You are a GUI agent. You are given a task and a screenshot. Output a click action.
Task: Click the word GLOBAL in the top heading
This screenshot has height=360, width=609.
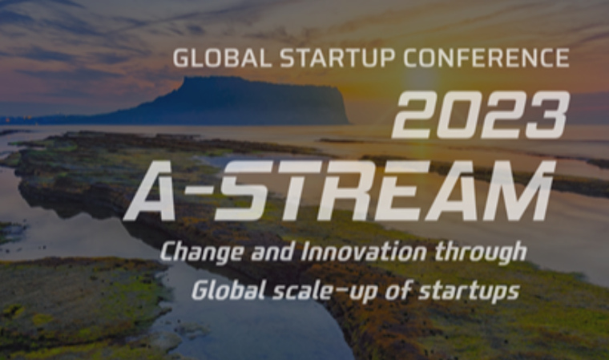click(x=222, y=59)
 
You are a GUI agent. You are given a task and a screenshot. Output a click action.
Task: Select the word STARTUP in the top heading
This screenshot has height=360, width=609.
click(x=337, y=59)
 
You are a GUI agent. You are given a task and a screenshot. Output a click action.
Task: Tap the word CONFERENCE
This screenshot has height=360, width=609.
click(x=486, y=58)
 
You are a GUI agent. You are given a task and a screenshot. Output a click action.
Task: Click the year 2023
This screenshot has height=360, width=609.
click(x=481, y=115)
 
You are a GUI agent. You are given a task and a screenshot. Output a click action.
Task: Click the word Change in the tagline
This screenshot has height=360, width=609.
click(x=202, y=253)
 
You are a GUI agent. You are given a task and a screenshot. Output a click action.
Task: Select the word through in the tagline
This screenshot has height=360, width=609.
click(x=481, y=253)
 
